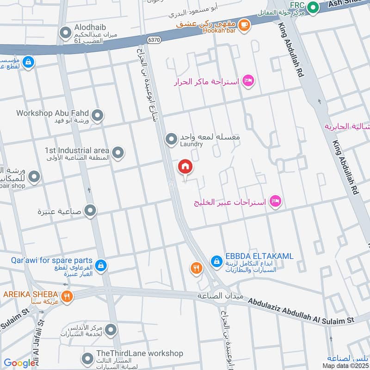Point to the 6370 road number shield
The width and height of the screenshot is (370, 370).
coord(154,41)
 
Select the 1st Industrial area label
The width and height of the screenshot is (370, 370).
coord(77,150)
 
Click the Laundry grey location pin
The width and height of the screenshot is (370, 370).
coord(172,138)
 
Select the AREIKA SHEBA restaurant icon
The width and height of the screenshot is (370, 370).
coord(67,296)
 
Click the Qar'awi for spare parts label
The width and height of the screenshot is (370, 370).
coord(52,261)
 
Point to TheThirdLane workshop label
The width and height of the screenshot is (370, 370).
coord(140,353)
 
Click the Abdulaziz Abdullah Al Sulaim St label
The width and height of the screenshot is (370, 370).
coord(301,310)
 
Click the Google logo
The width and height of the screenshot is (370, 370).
coord(19,363)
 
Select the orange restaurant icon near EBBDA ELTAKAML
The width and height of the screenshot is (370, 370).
coord(197,268)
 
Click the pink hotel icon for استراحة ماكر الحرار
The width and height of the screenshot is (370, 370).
coord(249,81)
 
